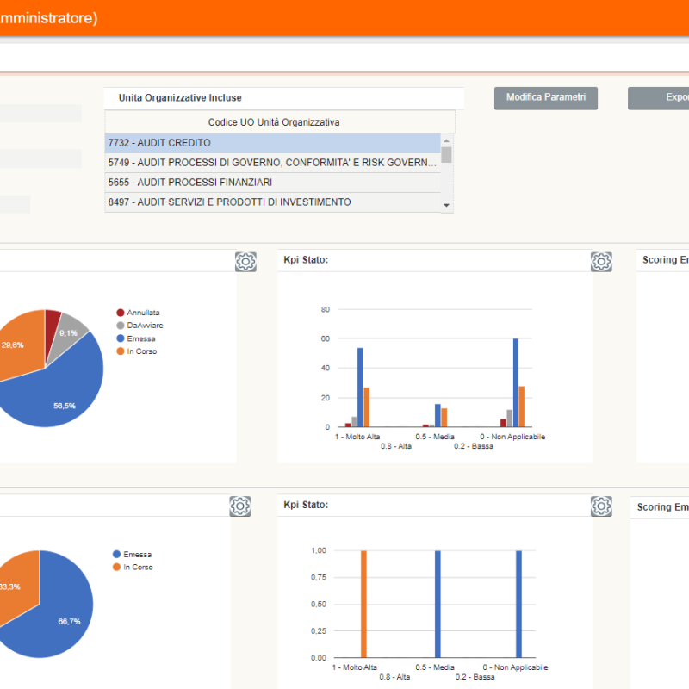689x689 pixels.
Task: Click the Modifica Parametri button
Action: [545, 98]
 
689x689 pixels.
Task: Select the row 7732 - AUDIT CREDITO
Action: [273, 143]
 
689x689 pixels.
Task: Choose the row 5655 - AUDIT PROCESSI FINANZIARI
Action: [273, 183]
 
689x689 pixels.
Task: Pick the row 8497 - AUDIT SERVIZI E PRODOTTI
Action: [273, 202]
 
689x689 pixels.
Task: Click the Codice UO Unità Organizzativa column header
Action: [274, 122]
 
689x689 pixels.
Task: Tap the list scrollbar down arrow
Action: [446, 205]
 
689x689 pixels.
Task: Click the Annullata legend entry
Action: [143, 313]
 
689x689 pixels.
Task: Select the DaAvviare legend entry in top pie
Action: [145, 326]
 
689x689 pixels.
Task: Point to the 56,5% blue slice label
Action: [64, 405]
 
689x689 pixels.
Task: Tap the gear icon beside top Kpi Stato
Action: [601, 262]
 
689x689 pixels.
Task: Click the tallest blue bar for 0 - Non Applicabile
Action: [516, 382]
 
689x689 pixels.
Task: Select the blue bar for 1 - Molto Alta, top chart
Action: [360, 387]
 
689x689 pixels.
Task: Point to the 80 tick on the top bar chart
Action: [326, 309]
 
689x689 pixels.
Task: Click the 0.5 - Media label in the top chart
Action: [434, 437]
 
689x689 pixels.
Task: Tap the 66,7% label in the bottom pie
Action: [69, 621]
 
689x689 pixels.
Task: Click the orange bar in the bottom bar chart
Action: [363, 603]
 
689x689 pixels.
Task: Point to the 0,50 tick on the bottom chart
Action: [318, 604]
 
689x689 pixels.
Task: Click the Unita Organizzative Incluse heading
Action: [180, 98]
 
